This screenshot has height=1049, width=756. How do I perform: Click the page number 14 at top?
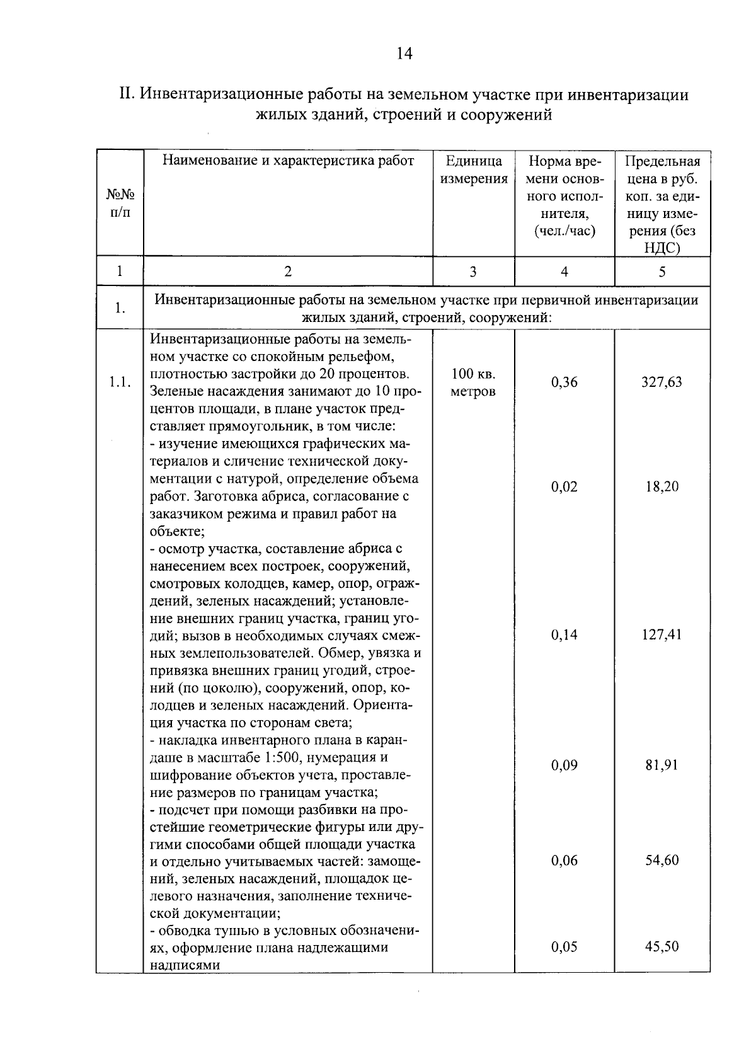(x=404, y=54)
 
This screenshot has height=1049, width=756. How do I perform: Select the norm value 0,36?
(x=564, y=382)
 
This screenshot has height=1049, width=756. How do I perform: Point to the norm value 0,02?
(x=564, y=487)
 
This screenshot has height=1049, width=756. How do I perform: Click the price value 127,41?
(x=661, y=634)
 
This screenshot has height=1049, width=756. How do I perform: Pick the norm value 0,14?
(x=564, y=634)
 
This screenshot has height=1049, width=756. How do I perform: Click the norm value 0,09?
(x=564, y=765)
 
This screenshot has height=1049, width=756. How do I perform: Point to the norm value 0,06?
(x=564, y=860)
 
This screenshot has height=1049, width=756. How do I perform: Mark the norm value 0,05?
(x=564, y=946)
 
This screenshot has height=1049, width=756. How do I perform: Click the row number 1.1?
(x=120, y=382)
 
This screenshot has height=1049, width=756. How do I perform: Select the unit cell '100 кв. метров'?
(x=473, y=382)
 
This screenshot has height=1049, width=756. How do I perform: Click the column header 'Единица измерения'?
(x=474, y=169)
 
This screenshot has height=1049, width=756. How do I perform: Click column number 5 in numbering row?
(x=661, y=272)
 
